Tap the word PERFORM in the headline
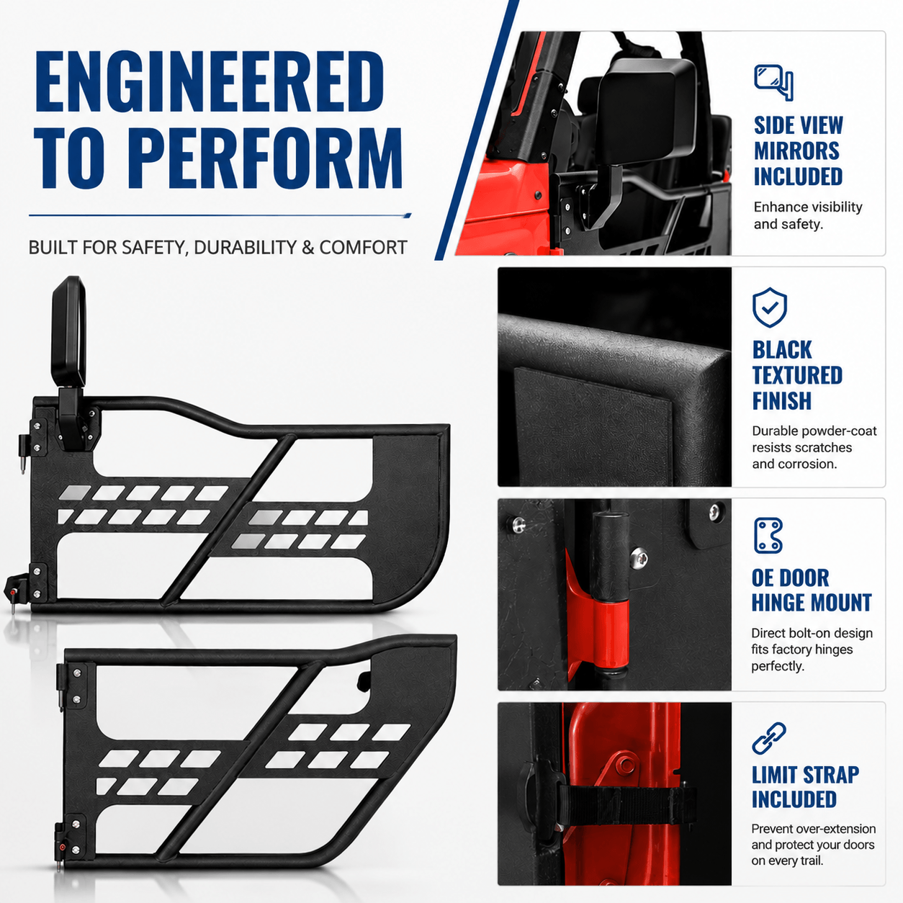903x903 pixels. point(270,158)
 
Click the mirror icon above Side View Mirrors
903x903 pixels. point(773,83)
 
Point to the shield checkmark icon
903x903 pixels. point(770,307)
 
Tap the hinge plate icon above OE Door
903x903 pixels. point(768,536)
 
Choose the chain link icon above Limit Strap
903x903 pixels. point(769,739)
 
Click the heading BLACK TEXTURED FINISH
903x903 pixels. point(797,375)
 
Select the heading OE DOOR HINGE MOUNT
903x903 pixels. point(811,590)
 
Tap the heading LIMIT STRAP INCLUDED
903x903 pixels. point(805,787)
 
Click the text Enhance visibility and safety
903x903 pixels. point(808,215)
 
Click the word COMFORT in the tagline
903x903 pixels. point(363,248)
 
